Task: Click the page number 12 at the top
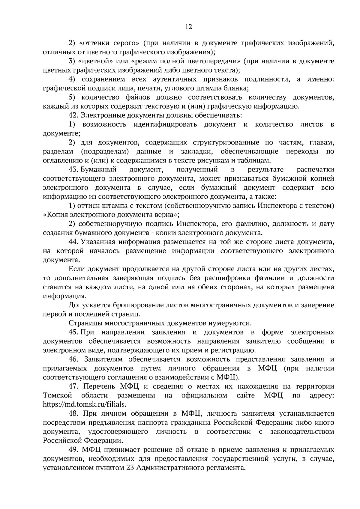[x=188, y=27]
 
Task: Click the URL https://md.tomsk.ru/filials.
[x=85, y=404]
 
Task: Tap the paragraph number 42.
[x=73, y=115]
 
